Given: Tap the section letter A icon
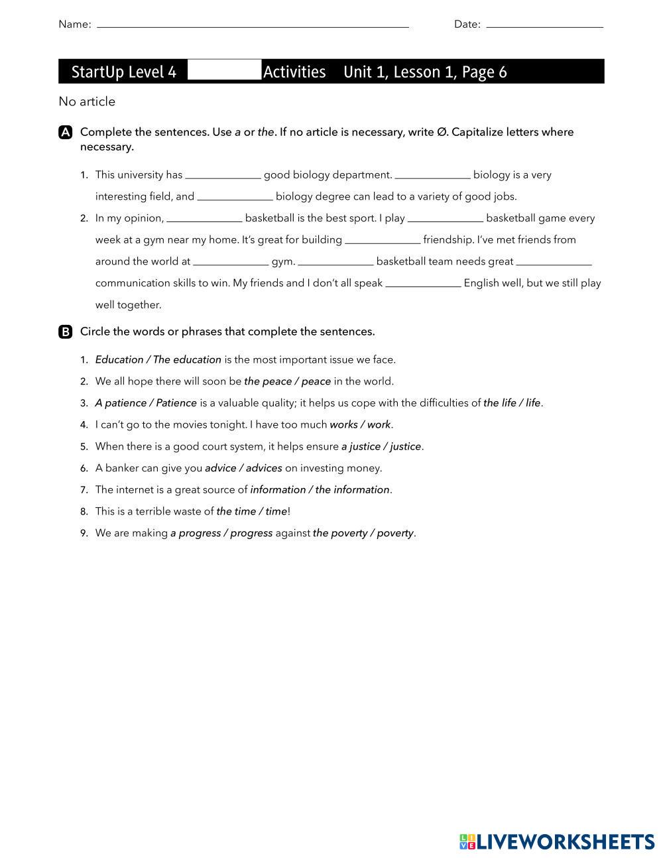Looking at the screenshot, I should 66,133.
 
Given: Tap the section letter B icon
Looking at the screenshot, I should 66,332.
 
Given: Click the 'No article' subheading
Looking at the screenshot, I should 87,101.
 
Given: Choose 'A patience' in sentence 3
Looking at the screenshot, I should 121,403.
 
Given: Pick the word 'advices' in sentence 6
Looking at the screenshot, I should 264,468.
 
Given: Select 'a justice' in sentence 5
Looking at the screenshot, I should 360,447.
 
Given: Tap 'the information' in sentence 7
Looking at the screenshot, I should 352,490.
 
